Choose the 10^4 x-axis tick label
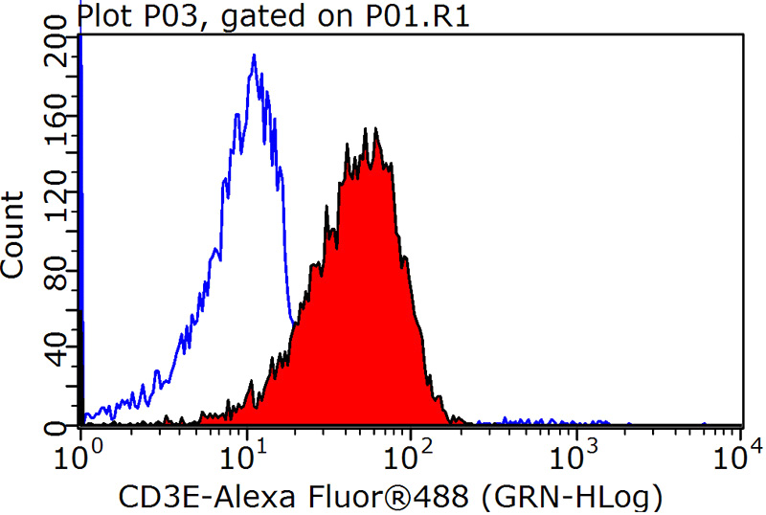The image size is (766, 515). coord(740,448)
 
